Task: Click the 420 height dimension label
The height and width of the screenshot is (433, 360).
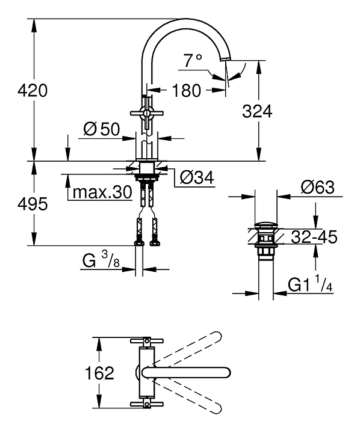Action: point(33,90)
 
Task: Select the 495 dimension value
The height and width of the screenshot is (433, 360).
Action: point(33,204)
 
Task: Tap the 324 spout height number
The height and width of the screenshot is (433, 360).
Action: point(257,112)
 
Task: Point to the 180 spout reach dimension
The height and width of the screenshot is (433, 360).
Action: point(186,90)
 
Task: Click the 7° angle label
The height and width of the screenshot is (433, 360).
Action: point(193,61)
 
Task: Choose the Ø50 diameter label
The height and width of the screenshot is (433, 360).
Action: point(102,129)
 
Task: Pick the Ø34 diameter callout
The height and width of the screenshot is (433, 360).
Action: point(197,177)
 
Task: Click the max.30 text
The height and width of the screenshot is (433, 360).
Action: point(102,192)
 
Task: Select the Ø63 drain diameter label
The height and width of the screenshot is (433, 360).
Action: point(317,187)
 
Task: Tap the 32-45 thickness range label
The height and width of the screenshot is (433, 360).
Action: point(314,237)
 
